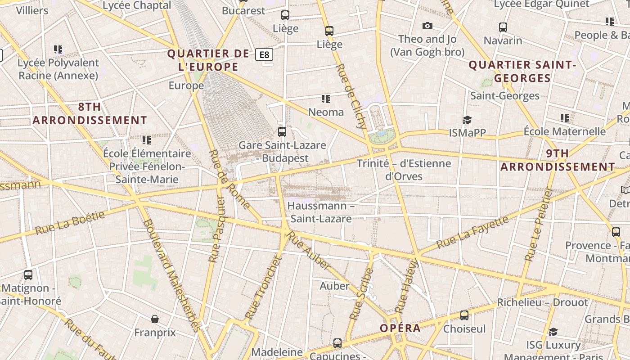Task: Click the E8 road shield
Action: click(x=264, y=55)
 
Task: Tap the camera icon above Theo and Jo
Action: click(x=427, y=26)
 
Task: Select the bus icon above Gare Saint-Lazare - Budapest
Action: click(x=282, y=132)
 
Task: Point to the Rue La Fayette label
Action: click(x=472, y=232)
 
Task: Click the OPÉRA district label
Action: click(x=400, y=328)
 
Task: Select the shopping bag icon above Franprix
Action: click(x=155, y=319)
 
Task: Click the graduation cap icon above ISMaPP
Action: click(x=467, y=120)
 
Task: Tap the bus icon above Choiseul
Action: click(x=464, y=315)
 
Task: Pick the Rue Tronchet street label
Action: click(x=263, y=288)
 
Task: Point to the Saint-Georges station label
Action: click(x=504, y=96)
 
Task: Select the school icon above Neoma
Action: click(x=325, y=99)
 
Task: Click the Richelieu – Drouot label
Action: click(x=542, y=302)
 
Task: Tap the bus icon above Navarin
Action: click(x=503, y=27)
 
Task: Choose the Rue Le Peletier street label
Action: click(x=538, y=225)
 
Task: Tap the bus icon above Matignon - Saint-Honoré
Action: click(x=28, y=275)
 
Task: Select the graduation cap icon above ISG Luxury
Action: click(x=553, y=332)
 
